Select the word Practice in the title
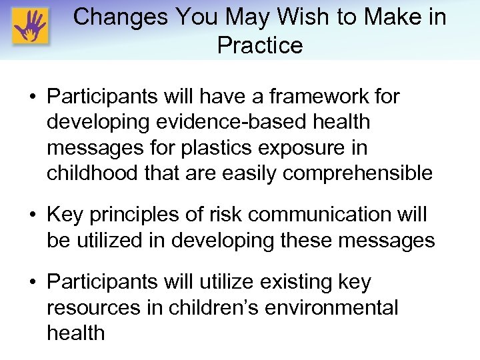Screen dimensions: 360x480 (259, 45)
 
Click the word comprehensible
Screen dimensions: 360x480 (357, 173)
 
